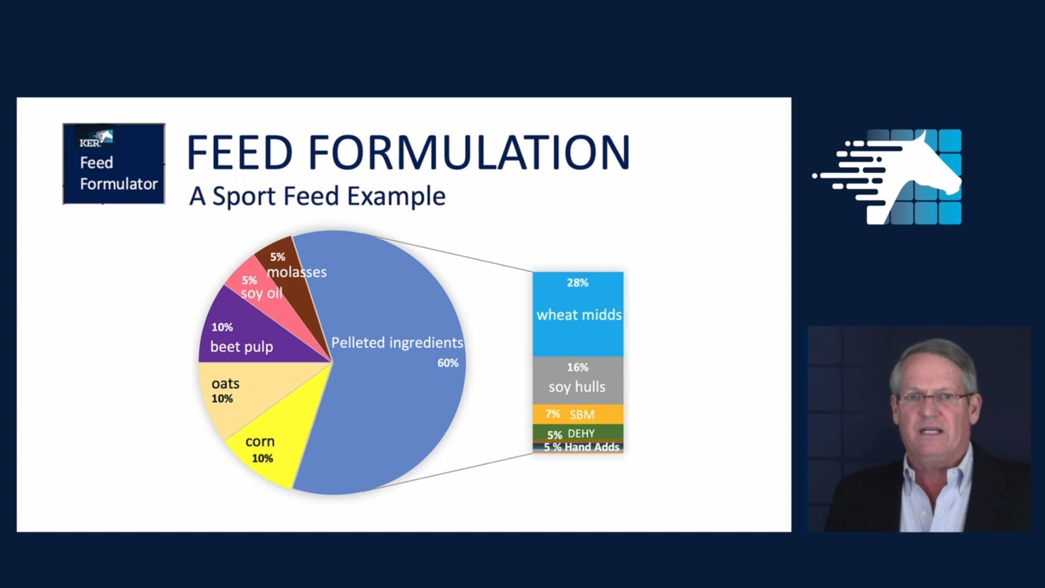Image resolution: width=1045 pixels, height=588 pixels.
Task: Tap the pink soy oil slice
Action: tap(256, 289)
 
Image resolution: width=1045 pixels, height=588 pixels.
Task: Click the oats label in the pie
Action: tap(225, 384)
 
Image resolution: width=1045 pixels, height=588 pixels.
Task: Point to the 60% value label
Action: tap(447, 363)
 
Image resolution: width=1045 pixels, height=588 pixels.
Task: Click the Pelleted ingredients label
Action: tap(397, 342)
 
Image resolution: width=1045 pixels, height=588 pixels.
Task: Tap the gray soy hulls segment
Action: tap(578, 381)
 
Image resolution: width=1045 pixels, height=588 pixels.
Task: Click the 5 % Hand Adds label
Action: tap(581, 448)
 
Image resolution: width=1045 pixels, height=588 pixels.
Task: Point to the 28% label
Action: tap(577, 283)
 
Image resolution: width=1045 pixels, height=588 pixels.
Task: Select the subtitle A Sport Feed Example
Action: tap(317, 197)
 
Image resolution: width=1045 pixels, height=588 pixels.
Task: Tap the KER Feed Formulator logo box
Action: tap(114, 164)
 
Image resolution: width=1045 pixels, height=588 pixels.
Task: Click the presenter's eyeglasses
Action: tap(932, 399)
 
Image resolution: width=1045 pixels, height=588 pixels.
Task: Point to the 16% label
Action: tap(577, 367)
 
